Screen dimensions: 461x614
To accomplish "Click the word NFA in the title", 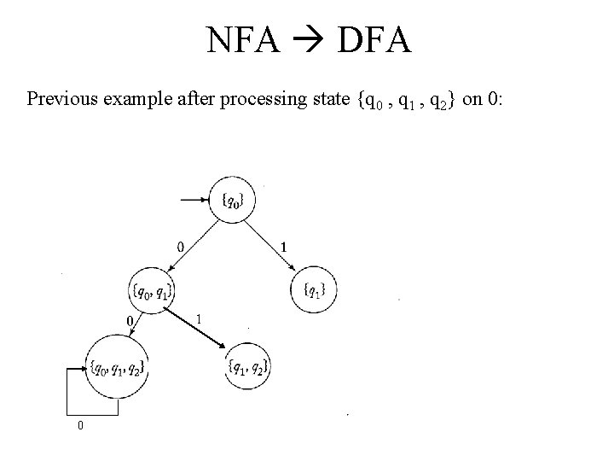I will click(x=242, y=39).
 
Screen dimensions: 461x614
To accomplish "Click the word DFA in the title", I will click(x=374, y=39).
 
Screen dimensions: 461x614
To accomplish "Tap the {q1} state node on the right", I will click(x=315, y=290).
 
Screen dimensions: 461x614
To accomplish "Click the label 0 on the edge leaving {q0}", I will click(x=179, y=246).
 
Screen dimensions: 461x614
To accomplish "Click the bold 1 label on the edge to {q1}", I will click(x=283, y=246).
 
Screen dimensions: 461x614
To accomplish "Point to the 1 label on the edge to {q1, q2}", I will click(x=199, y=318).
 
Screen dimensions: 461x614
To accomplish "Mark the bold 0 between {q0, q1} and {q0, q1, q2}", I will click(x=130, y=320).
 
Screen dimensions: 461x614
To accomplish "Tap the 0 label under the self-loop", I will click(x=80, y=424).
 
